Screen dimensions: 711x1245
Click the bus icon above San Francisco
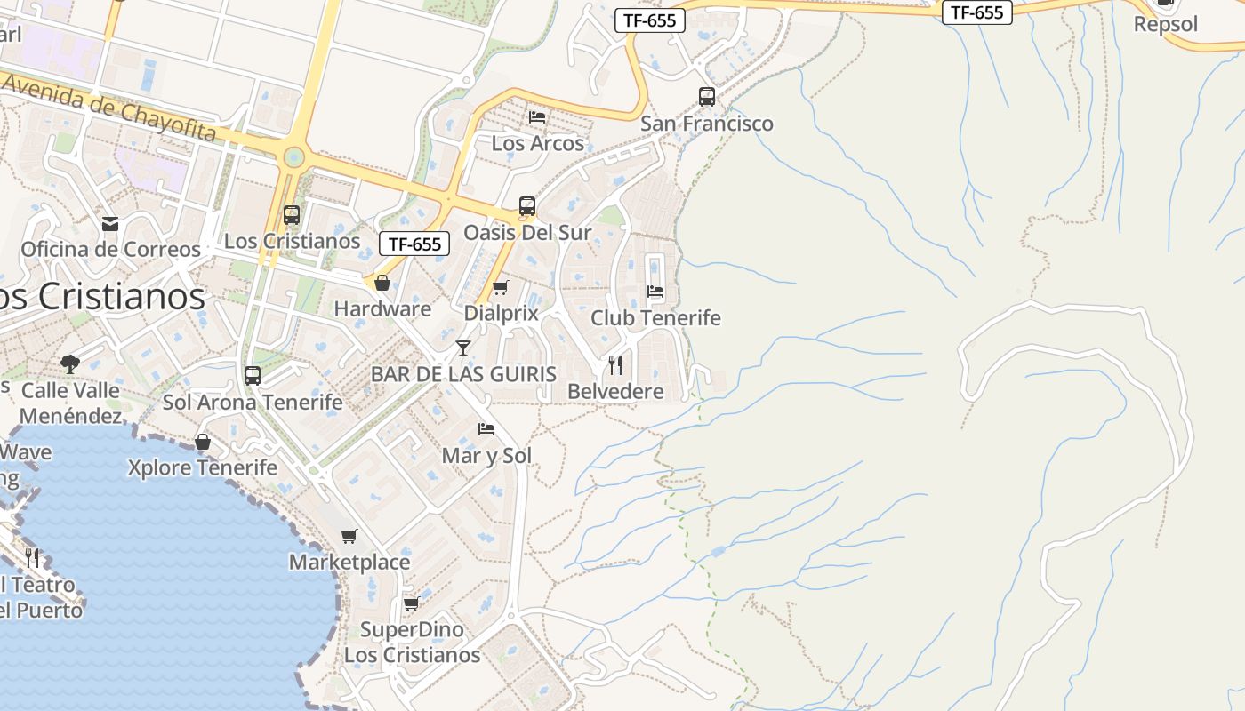707,96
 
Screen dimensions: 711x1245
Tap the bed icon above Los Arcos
537,116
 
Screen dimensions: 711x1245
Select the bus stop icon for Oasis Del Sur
527,206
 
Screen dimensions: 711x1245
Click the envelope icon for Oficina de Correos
110,223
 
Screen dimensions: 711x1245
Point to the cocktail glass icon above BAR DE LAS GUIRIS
463,348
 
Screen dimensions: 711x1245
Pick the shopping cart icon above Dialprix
500,287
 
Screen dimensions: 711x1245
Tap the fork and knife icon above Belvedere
614,364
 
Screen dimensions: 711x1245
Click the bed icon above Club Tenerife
655,291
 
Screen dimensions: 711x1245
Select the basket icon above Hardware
382,283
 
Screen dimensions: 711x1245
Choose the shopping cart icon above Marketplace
349,536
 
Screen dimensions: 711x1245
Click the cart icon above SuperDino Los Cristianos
411,603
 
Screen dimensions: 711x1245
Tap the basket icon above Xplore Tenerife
203,442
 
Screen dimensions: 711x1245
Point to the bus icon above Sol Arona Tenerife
253,375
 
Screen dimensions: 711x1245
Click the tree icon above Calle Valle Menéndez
69,363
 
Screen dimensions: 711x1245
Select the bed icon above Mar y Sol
486,428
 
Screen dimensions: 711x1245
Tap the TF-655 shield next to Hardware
414,244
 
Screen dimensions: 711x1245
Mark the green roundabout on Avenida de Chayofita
293,158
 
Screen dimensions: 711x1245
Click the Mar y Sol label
486,456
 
